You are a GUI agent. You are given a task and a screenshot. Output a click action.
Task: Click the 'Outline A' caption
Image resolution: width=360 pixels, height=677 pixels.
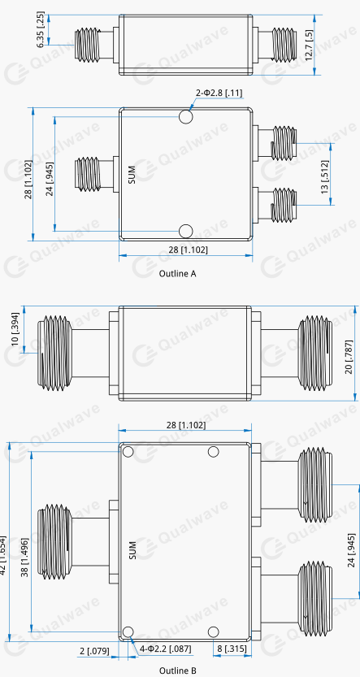178,273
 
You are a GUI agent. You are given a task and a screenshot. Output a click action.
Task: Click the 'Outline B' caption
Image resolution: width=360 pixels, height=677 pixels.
178,670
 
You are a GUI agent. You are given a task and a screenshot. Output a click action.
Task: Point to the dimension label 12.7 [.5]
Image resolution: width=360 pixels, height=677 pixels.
309,46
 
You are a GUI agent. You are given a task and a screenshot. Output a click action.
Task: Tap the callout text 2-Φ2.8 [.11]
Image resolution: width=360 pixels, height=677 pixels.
219,93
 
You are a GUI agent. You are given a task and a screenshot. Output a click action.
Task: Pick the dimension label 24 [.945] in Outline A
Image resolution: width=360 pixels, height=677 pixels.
50,179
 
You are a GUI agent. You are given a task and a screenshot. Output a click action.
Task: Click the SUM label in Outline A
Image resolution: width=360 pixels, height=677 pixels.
132,175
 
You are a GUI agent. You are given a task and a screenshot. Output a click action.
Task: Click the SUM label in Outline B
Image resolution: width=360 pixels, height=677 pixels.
132,550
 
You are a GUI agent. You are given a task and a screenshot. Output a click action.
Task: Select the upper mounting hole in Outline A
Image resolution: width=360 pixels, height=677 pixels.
186,116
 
